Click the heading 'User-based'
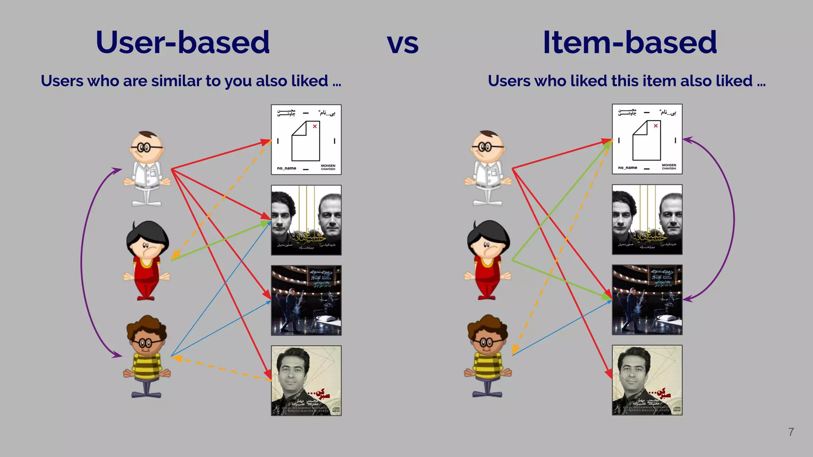tap(183, 42)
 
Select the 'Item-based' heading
tap(630, 42)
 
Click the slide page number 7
tap(791, 432)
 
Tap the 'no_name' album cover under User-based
tap(306, 140)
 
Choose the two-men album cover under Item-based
tap(647, 219)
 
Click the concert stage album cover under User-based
tap(306, 300)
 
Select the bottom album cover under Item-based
tap(647, 380)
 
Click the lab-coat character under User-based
tap(146, 169)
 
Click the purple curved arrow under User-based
tap(82, 262)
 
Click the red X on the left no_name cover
tap(315, 126)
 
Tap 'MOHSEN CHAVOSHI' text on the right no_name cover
tap(669, 167)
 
